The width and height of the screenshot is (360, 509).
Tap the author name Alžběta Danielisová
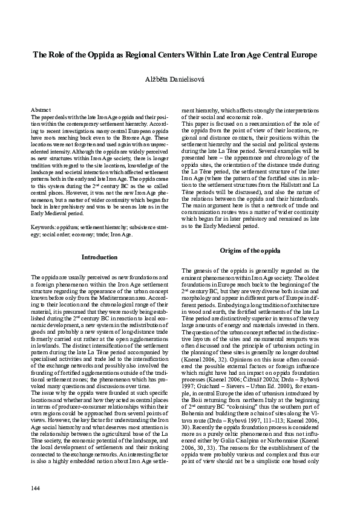click(180, 80)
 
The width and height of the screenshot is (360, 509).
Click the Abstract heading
click(41, 103)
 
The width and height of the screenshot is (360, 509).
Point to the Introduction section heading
click(99, 258)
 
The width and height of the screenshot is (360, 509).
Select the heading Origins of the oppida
click(249, 250)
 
